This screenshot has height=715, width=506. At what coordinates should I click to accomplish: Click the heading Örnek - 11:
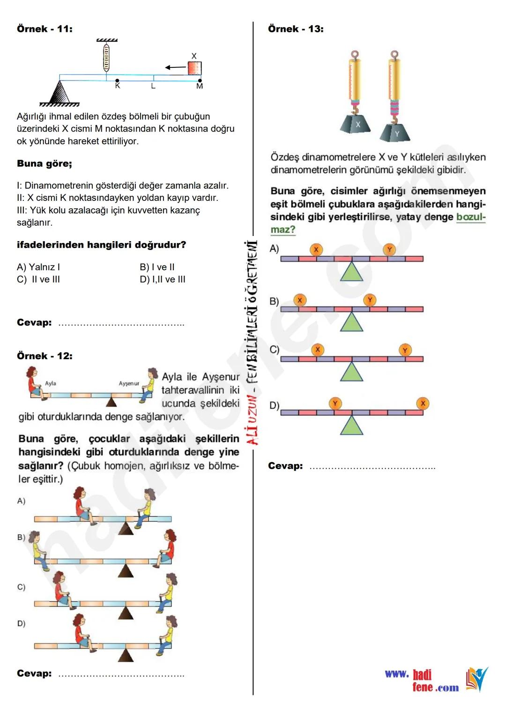(45, 29)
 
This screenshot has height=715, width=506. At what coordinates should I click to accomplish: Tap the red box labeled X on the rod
(194, 68)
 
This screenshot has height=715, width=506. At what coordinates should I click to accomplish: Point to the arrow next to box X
(176, 67)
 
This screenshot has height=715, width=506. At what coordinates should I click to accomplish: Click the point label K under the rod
(118, 86)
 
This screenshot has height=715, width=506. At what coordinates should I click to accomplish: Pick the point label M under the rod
(200, 86)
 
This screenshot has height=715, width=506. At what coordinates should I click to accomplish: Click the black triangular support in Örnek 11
(60, 93)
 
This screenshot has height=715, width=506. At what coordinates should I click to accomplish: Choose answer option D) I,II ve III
(163, 280)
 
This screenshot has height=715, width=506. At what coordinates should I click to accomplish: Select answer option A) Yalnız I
(38, 267)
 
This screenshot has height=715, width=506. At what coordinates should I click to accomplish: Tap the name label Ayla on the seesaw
(51, 383)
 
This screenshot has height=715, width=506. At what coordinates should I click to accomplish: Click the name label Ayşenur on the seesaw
(129, 383)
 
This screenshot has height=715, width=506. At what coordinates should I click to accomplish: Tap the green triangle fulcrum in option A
(351, 272)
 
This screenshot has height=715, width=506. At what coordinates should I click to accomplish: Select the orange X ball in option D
(423, 403)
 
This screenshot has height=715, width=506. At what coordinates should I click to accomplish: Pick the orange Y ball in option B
(370, 300)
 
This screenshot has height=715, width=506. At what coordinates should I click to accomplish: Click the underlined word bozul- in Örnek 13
(470, 217)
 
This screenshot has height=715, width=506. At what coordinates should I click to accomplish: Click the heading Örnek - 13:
(296, 29)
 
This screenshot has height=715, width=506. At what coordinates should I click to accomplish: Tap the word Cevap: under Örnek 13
(285, 466)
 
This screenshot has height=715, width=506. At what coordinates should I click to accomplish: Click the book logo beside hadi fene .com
(476, 679)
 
